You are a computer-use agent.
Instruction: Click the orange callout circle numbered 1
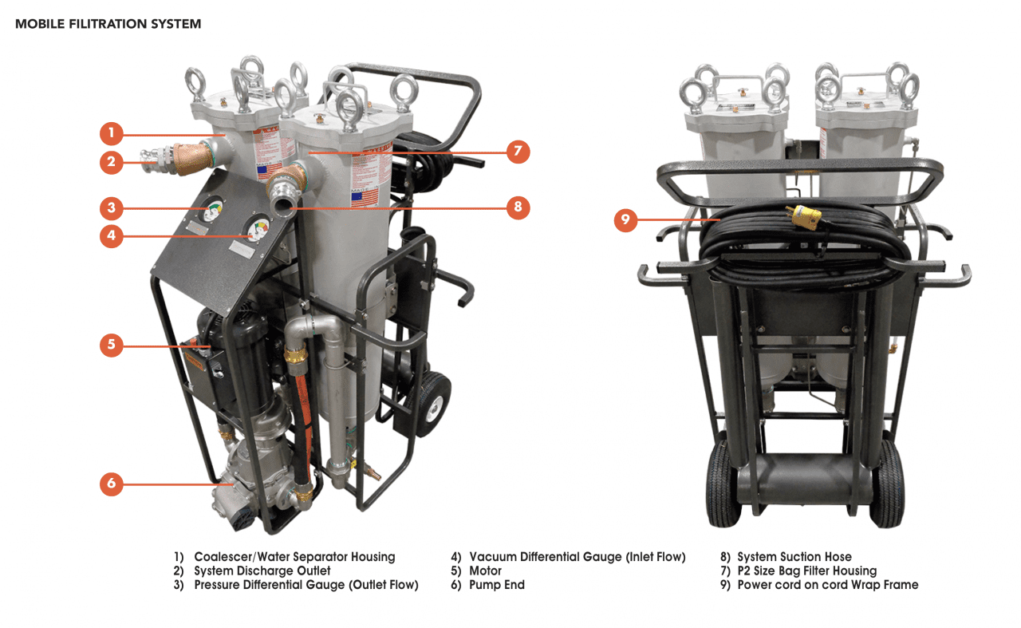tap(112, 132)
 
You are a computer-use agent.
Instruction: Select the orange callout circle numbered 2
tap(112, 163)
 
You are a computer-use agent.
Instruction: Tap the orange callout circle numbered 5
tap(112, 345)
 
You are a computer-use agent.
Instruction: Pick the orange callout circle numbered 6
tap(112, 483)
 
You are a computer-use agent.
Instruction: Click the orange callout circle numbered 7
tap(518, 150)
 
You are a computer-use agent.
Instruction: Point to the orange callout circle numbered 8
tap(518, 207)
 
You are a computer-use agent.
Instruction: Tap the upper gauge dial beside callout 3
tap(212, 211)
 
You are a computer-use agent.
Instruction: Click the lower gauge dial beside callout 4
tap(256, 232)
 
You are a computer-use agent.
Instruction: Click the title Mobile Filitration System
tap(108, 24)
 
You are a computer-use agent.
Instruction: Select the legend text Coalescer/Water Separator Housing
tap(294, 557)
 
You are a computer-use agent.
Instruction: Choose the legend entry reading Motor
tap(485, 571)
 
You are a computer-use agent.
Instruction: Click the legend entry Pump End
tap(496, 585)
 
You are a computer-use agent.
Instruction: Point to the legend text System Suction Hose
tap(794, 557)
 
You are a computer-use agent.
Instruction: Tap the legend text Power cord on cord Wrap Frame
tap(827, 585)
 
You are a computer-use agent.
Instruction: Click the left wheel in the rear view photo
tap(723, 484)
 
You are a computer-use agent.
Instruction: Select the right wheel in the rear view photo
tap(887, 484)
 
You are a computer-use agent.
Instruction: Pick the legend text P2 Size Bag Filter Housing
tap(806, 571)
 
